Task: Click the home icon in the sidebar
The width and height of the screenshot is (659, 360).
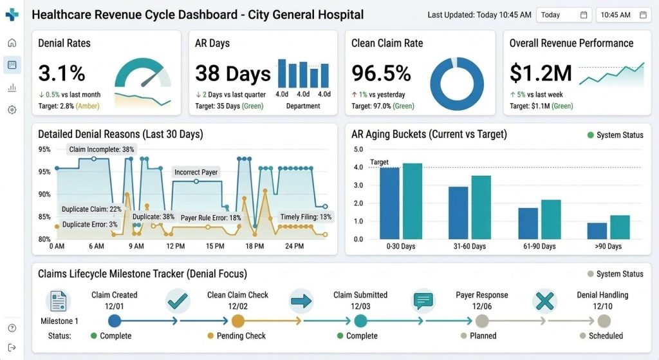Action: [12, 43]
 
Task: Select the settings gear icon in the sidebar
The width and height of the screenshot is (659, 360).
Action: [12, 109]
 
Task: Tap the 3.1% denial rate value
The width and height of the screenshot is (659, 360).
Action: [62, 73]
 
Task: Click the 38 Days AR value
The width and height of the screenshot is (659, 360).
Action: [232, 74]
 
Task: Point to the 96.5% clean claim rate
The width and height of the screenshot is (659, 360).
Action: [381, 73]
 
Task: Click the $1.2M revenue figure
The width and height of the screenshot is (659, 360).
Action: [541, 73]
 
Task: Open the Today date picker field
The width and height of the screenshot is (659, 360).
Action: [564, 15]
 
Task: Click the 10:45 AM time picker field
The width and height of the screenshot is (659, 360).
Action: [623, 15]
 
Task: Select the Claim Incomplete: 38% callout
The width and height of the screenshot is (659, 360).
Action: [102, 149]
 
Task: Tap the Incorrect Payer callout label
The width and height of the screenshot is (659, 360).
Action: [196, 172]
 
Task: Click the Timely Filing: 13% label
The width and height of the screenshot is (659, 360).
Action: [306, 217]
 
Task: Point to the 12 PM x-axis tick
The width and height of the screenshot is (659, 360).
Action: [175, 246]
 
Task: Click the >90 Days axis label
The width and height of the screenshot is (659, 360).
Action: [608, 246]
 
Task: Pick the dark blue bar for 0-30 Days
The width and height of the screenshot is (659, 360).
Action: [389, 203]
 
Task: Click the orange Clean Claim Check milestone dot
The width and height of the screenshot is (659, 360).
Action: [237, 321]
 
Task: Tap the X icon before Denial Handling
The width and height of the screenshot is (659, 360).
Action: [544, 301]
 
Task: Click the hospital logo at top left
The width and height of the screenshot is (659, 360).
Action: [12, 14]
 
